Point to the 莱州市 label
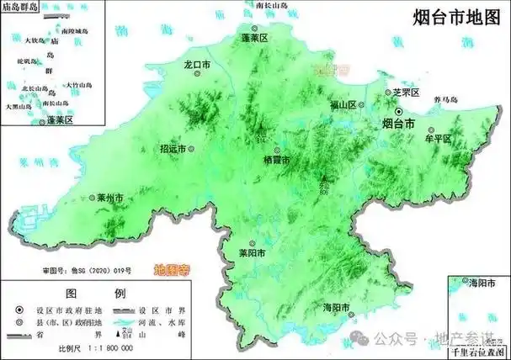(x=106, y=199)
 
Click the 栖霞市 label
(x=277, y=160)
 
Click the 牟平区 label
(x=439, y=138)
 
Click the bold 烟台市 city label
(x=393, y=124)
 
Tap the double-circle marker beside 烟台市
(x=400, y=109)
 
